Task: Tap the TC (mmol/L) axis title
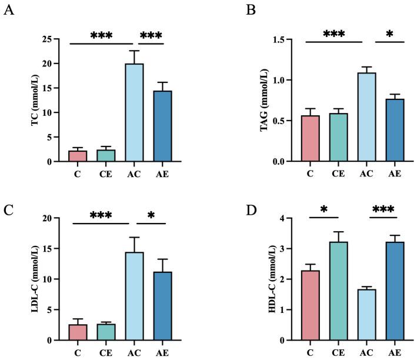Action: pos(27,101)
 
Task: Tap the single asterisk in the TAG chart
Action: pos(389,35)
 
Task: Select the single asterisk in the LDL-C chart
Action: pos(152,216)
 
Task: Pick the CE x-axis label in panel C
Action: pos(105,354)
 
